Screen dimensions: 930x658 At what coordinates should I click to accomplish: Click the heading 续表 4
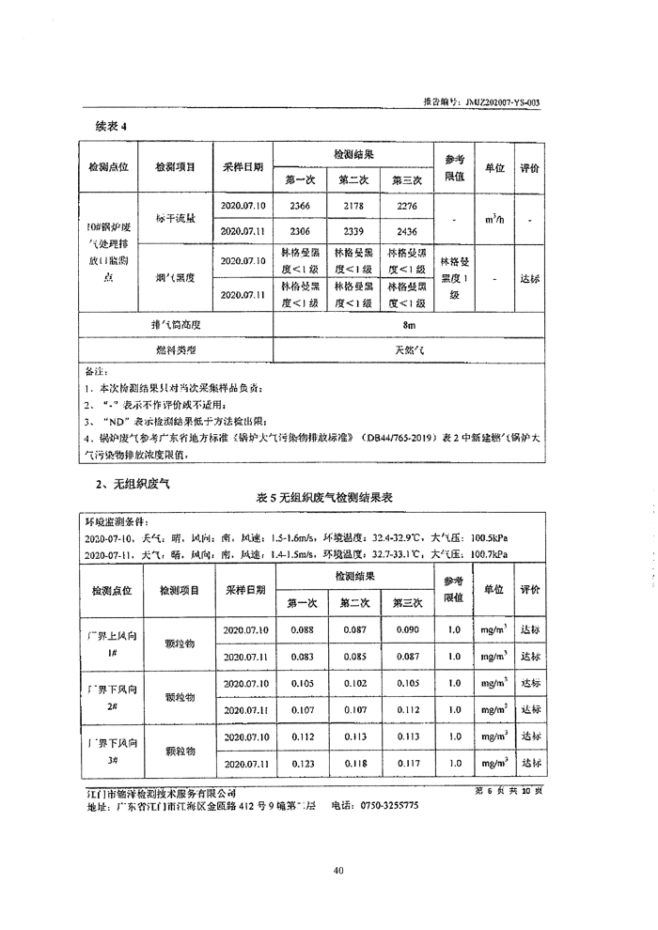point(110,125)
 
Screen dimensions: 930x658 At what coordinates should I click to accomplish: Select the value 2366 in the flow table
point(299,205)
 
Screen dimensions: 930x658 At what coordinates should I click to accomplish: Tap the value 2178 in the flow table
point(353,205)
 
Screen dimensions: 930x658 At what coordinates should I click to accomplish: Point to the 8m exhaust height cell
point(407,325)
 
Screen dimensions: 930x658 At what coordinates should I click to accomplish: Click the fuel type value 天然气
point(407,349)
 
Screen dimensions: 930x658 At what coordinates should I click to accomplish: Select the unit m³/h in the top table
point(494,218)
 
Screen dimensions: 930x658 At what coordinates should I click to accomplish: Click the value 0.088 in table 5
point(301,630)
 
